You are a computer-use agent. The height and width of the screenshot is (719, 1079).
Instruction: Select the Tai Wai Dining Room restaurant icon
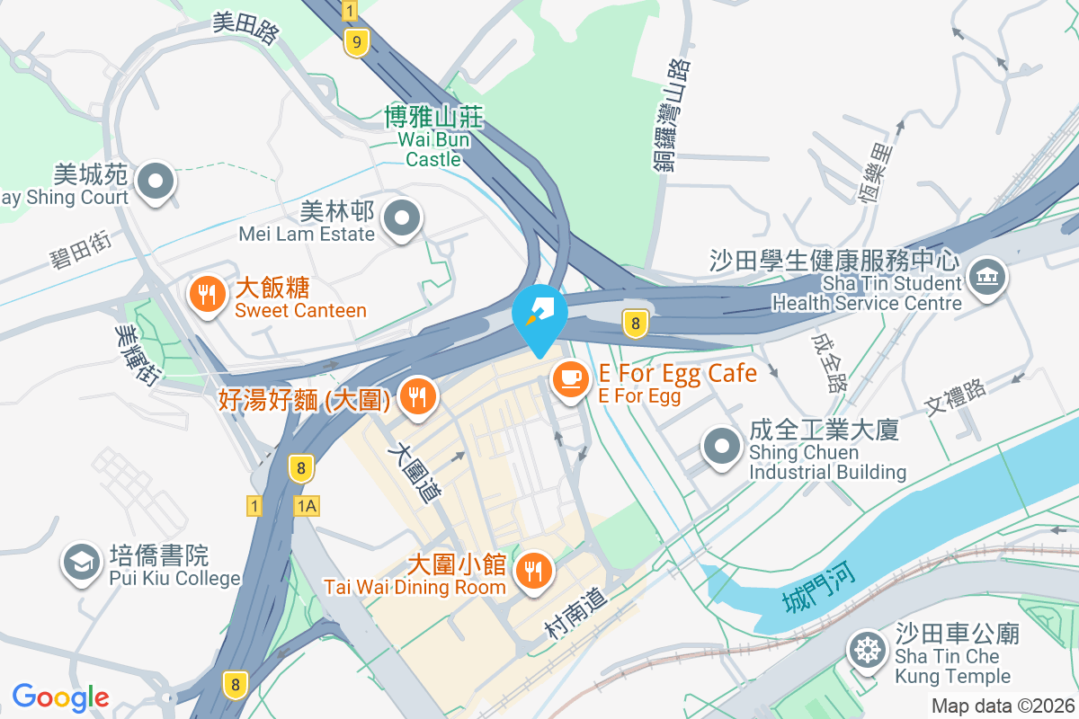tap(534, 569)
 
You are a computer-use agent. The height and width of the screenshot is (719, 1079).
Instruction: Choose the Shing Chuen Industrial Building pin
tap(721, 447)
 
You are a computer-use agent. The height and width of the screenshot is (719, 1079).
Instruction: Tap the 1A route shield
tap(306, 507)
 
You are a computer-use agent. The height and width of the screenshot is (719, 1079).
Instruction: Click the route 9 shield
tap(357, 42)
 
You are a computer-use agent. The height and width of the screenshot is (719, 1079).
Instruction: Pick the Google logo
tap(60, 697)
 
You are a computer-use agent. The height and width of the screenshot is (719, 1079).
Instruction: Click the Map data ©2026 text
tap(1002, 706)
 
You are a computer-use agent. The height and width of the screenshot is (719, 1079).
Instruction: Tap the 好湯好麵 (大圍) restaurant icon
tap(416, 396)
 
